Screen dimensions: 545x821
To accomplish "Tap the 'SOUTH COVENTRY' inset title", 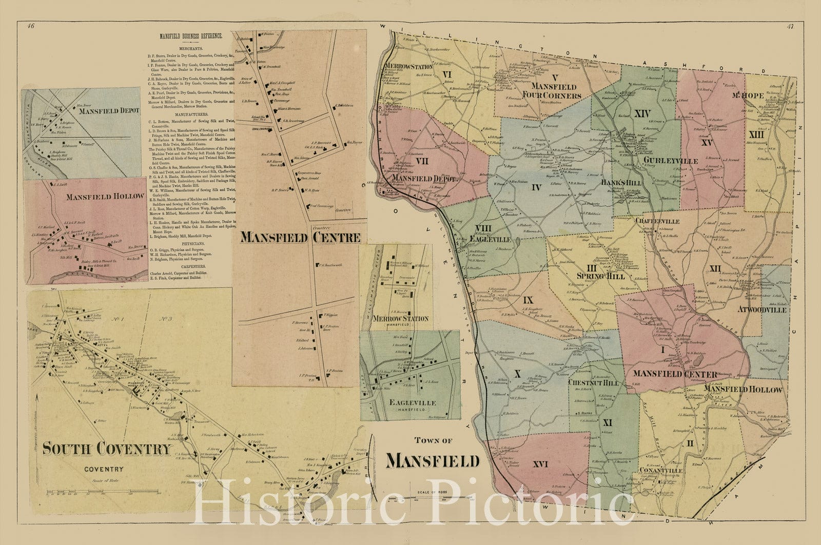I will coord(106,449).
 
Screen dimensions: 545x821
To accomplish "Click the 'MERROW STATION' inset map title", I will coord(396,319).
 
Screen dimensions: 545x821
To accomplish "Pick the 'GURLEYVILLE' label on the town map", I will coord(670,161).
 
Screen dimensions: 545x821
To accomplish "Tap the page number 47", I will coord(789,26).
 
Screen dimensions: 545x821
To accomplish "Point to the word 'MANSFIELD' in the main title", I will coord(433,461).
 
